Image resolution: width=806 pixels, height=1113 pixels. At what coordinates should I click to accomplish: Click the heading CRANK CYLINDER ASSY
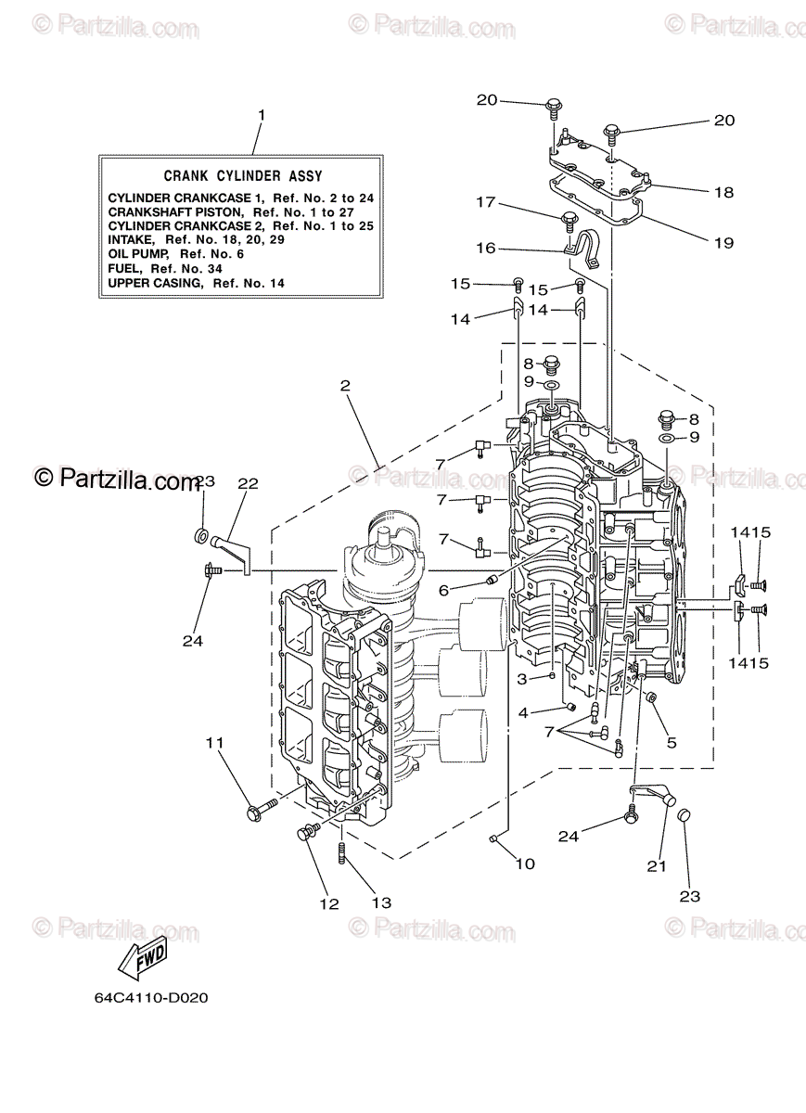coord(243,175)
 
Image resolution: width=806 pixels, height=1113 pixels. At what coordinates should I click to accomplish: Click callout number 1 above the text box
coord(262,115)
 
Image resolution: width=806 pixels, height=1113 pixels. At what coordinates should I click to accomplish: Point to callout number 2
coord(344,384)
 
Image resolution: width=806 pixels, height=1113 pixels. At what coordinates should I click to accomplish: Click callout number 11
coord(215,742)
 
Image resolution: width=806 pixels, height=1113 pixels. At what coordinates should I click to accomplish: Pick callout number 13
coord(381,902)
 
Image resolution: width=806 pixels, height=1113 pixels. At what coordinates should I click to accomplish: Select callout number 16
coord(486,248)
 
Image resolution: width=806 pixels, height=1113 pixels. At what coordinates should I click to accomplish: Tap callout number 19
coord(724,243)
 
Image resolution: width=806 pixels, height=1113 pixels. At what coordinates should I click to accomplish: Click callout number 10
coord(525,864)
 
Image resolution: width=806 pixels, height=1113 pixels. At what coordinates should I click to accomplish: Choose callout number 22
coord(247,483)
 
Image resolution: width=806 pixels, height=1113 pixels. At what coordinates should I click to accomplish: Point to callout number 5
coord(671,742)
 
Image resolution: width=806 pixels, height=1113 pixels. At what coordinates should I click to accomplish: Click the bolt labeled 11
coord(262,809)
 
